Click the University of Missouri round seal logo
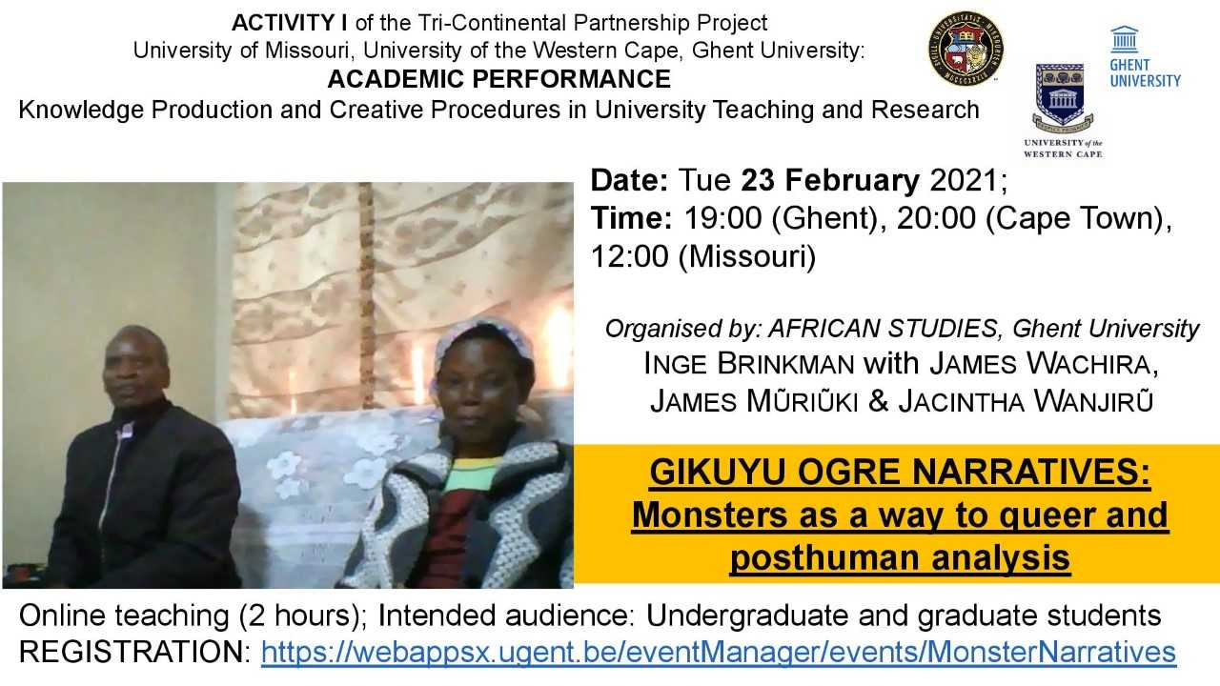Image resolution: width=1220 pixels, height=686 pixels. (x=966, y=49)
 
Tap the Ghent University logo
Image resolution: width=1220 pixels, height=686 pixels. (x=1145, y=56)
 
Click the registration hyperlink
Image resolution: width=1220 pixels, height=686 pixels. (x=719, y=652)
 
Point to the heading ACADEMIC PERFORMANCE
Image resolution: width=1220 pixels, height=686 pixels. (x=498, y=79)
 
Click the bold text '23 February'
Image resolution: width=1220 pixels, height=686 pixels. (x=830, y=180)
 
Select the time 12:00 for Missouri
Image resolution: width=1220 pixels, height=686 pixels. (x=630, y=256)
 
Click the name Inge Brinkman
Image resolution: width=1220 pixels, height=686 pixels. (x=749, y=364)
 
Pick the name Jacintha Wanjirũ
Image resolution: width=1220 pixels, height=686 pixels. (x=1026, y=401)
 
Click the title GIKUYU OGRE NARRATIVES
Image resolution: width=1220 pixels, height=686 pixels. (x=900, y=472)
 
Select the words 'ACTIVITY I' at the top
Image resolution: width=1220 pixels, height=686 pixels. (x=289, y=23)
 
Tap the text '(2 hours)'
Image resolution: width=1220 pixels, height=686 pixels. (x=303, y=615)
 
